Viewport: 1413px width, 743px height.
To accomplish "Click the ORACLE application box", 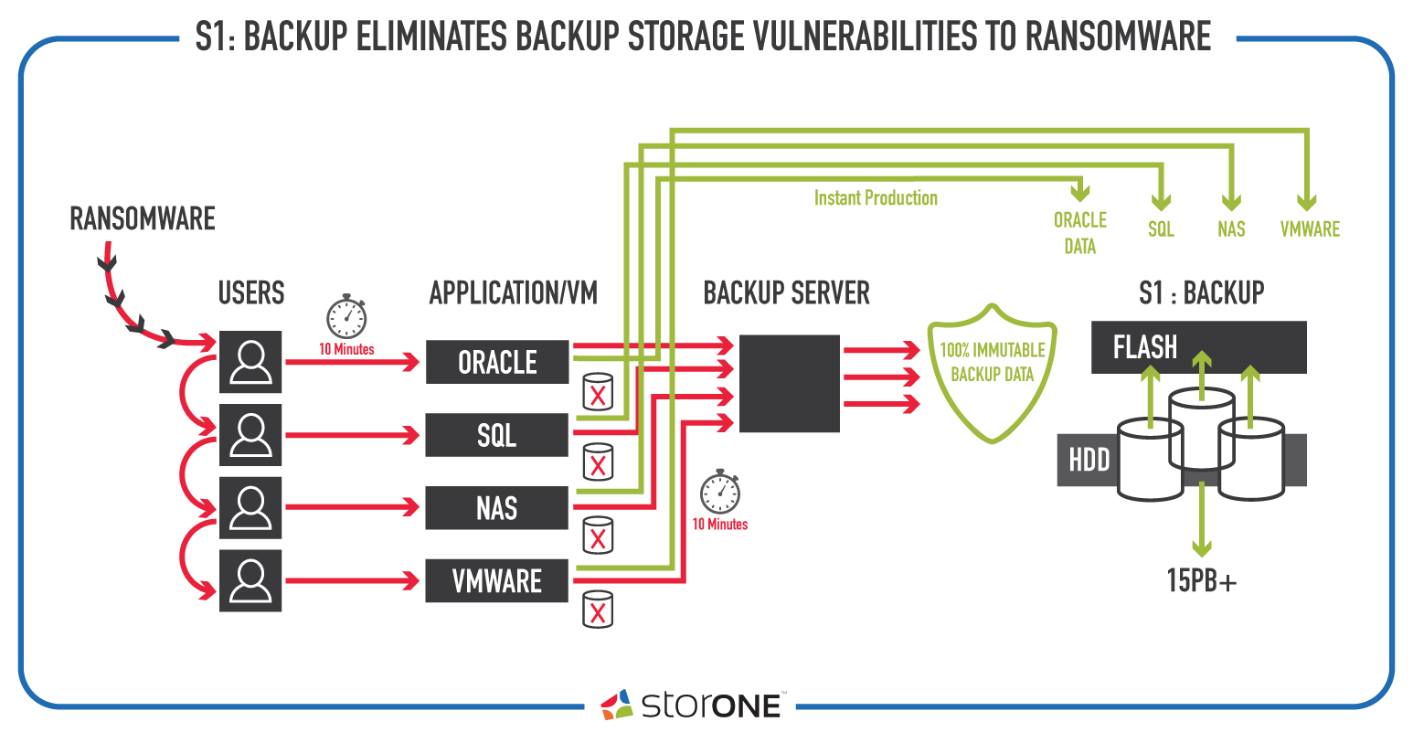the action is click(497, 362).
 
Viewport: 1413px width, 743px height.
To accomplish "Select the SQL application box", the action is click(496, 435).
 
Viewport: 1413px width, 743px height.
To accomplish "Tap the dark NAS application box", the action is click(496, 508).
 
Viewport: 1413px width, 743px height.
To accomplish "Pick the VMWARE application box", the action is click(496, 581).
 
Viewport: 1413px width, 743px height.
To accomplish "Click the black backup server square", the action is click(789, 384).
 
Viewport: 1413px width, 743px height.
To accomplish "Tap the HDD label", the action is click(1089, 460).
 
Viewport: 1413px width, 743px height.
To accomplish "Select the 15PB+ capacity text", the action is click(1201, 580).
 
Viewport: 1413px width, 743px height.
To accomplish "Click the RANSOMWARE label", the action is click(142, 218).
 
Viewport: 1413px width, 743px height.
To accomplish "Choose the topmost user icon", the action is click(250, 362).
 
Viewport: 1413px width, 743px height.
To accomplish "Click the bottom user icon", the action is click(250, 581).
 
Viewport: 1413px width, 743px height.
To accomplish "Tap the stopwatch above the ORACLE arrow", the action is click(346, 316).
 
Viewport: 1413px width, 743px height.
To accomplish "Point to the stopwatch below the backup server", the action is click(719, 492).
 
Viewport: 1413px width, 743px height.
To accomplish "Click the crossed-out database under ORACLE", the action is click(598, 392).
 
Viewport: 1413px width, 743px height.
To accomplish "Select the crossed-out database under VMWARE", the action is click(598, 610).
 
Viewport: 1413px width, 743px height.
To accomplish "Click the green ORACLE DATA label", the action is click(1080, 233).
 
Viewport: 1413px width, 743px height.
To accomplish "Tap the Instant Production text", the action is click(876, 198).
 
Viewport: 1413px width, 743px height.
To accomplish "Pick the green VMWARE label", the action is click(1310, 229).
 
